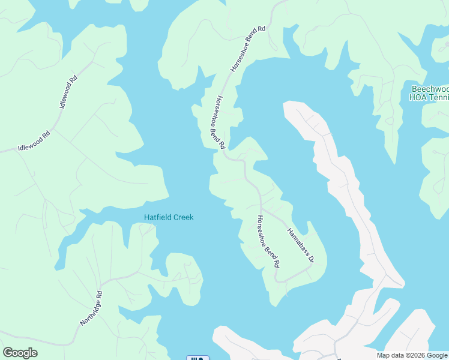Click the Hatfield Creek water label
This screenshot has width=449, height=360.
pyautogui.click(x=169, y=217)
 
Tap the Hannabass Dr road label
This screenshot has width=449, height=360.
pyautogui.click(x=300, y=245)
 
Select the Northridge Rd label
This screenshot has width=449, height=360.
pyautogui.click(x=91, y=309)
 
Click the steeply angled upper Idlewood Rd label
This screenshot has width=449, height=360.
pyautogui.click(x=69, y=92)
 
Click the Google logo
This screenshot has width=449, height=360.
pyautogui.click(x=20, y=353)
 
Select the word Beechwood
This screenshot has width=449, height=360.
pyautogui.click(x=430, y=88)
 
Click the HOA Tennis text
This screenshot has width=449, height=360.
pyautogui.click(x=430, y=97)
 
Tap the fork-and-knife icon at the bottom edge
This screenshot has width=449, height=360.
pyautogui.click(x=198, y=358)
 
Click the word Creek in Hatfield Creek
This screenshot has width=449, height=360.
pyautogui.click(x=183, y=217)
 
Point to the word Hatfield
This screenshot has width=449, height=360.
pyautogui.click(x=157, y=217)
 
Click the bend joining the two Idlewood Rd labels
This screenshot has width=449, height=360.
pyautogui.click(x=55, y=120)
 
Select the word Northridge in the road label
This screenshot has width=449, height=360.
pyautogui.click(x=88, y=313)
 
